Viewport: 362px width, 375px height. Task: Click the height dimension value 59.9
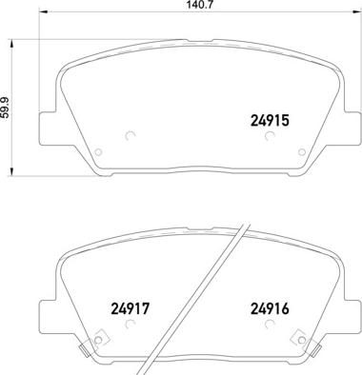(5, 108)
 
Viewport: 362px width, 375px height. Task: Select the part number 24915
(271, 121)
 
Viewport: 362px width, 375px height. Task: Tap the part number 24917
(130, 308)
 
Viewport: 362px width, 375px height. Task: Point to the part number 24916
(271, 308)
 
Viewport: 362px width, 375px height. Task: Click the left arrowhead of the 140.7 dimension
(43, 12)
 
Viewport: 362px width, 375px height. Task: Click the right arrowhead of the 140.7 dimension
(357, 12)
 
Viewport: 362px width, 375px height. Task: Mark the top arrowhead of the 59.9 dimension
(11, 44)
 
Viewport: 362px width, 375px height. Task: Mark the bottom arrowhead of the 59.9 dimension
(11, 171)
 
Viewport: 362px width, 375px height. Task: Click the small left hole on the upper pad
(98, 152)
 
